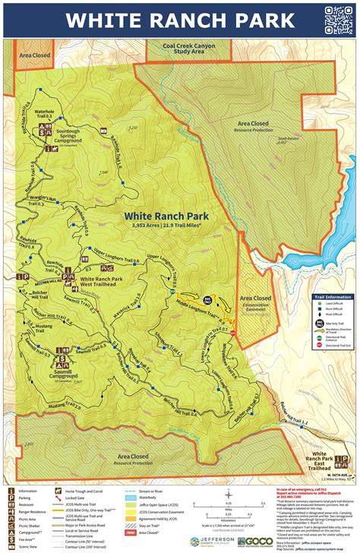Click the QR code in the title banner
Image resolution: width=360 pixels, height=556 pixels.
point(338,18)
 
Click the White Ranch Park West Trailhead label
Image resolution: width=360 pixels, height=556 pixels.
point(102,283)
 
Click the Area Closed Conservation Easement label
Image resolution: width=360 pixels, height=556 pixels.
point(256,302)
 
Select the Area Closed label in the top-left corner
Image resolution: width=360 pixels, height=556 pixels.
point(36,55)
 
